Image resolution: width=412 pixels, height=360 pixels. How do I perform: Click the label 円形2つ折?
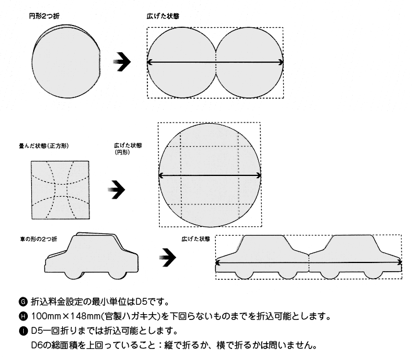point(44,16)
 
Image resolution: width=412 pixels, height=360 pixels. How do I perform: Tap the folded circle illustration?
point(66,62)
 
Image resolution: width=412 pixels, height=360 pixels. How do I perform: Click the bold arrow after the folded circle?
point(122,62)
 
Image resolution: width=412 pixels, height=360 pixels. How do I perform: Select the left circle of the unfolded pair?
point(182,63)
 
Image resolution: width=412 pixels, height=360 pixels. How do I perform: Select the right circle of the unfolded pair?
point(250,63)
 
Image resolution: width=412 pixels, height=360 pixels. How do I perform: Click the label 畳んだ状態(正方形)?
point(44,146)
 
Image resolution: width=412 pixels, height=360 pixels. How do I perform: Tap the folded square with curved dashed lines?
point(60,190)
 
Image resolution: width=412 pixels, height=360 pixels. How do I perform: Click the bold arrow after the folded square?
point(117,189)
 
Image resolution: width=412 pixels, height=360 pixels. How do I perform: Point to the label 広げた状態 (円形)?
point(128,149)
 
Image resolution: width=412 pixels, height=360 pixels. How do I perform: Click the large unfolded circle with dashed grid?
point(210,175)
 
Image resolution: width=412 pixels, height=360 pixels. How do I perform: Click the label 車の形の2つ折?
point(39,239)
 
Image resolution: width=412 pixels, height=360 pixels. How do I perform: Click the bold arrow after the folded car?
point(168,257)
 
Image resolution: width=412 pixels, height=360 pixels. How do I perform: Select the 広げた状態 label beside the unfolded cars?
point(196,239)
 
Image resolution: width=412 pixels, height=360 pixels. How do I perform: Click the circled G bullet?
point(23,302)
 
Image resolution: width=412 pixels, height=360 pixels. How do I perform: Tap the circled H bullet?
point(23,316)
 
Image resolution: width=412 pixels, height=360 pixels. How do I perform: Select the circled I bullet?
point(23,331)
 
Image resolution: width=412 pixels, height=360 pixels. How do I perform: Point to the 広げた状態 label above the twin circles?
point(163,16)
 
